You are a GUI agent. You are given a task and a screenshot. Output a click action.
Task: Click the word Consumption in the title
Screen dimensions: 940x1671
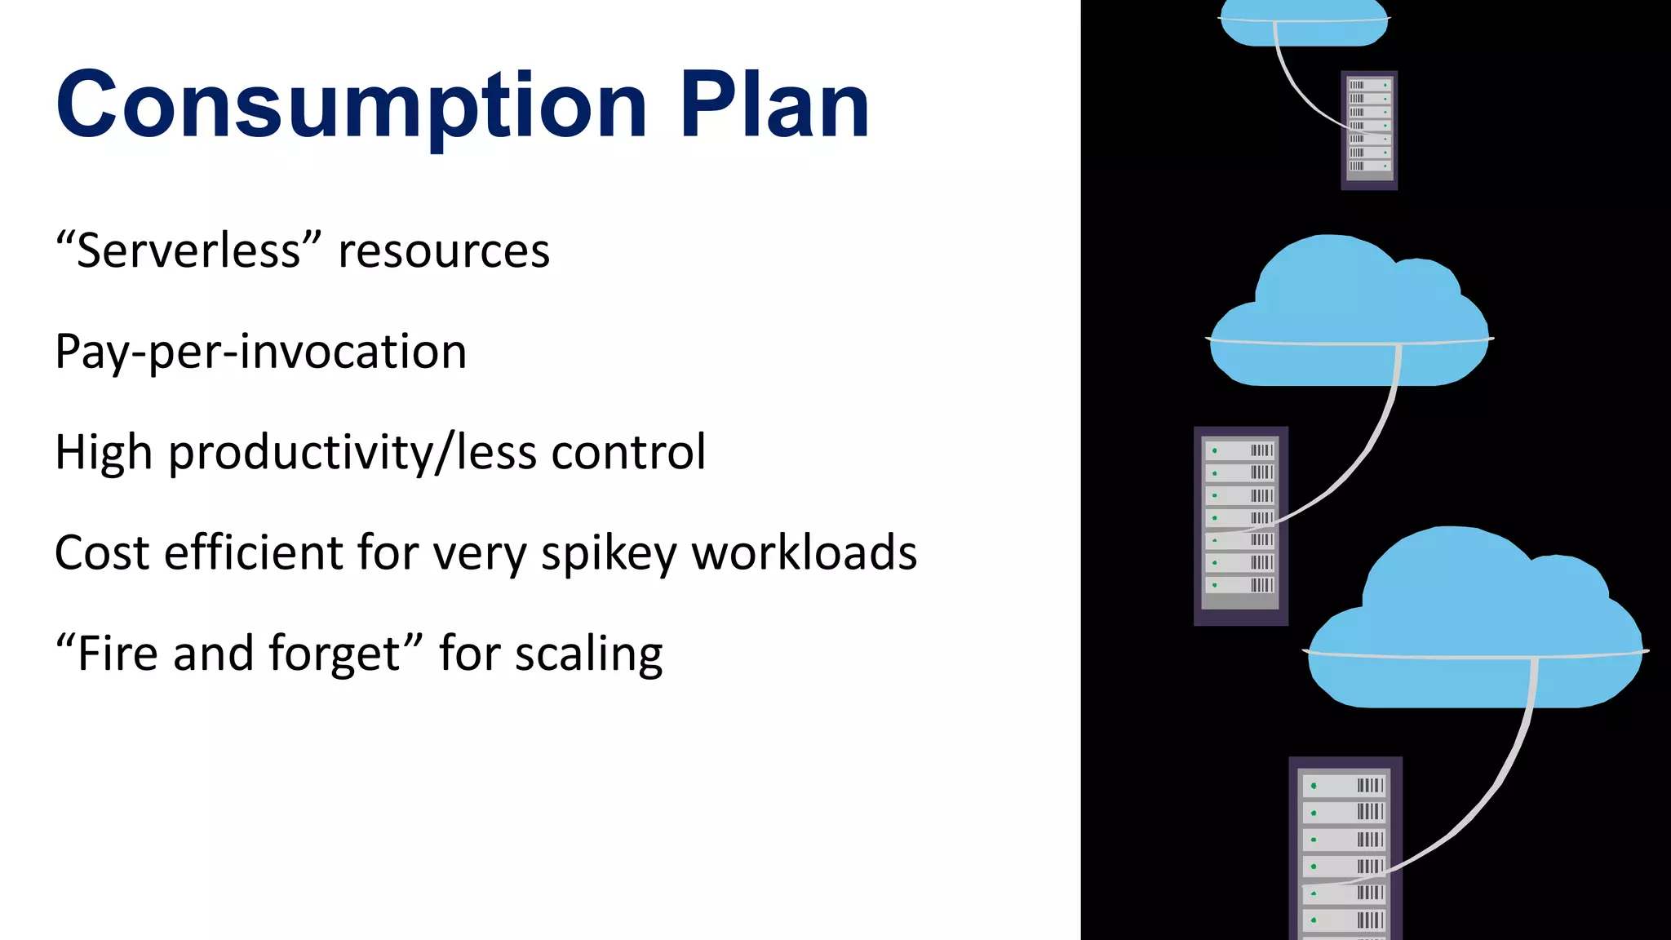coord(351,106)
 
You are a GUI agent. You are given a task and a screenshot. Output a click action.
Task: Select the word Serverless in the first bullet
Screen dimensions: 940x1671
coord(188,251)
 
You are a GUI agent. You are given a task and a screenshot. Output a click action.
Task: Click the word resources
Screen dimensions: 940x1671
coord(444,251)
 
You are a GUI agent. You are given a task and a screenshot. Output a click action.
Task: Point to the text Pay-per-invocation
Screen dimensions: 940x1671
coord(261,352)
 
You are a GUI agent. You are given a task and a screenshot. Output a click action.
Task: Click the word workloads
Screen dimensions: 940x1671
coord(804,552)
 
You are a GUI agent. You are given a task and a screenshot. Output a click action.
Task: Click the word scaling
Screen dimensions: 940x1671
coord(588,655)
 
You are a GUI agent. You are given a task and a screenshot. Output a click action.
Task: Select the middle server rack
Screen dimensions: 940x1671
coord(1240,525)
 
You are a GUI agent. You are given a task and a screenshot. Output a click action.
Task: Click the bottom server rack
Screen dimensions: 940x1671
coord(1345,849)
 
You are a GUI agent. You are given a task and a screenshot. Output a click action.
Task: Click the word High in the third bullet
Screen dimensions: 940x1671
coord(104,452)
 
